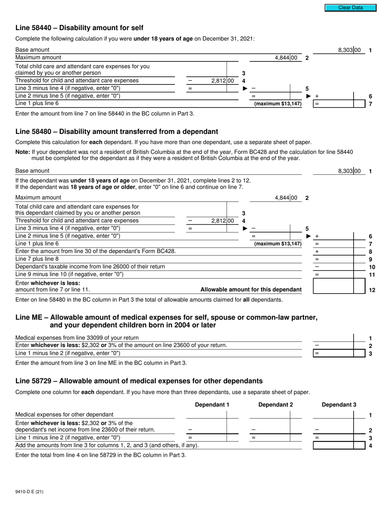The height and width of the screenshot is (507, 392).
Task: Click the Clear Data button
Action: (x=350, y=8)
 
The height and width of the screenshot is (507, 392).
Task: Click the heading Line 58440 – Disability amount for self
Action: (x=79, y=28)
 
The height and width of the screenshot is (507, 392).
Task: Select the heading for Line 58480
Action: (x=116, y=132)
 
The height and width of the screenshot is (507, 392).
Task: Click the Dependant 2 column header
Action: (x=275, y=405)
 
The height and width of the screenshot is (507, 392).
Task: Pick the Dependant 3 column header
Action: (x=339, y=405)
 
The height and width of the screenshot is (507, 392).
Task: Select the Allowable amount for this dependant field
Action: (x=333, y=286)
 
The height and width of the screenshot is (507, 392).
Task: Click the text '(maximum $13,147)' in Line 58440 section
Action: (x=278, y=104)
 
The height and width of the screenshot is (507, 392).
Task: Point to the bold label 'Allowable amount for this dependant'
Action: (x=251, y=290)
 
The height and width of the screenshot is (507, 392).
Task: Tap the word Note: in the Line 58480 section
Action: (x=23, y=152)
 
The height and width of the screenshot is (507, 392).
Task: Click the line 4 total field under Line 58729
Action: (x=333, y=445)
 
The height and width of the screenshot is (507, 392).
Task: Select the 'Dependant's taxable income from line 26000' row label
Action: (x=90, y=267)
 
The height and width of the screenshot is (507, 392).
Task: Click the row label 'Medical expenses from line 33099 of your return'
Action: (x=77, y=338)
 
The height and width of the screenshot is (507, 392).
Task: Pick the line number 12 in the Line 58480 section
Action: (x=372, y=290)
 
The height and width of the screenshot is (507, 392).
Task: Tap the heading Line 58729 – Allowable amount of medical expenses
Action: (x=139, y=381)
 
